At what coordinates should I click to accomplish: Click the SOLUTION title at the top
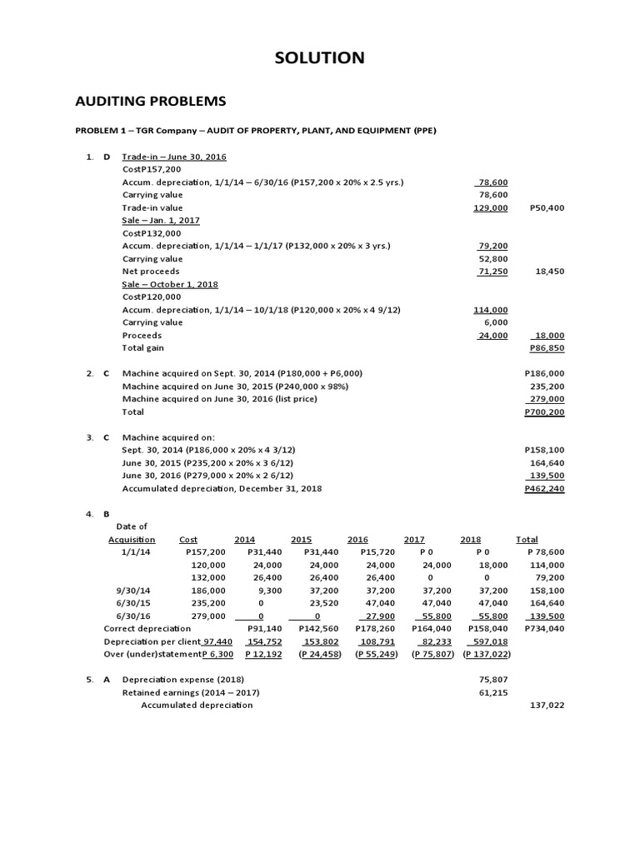click(x=320, y=57)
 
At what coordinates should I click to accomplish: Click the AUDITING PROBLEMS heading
click(x=151, y=101)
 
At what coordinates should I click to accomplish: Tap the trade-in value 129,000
click(x=491, y=207)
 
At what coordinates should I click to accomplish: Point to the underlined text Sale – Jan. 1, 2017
click(x=163, y=220)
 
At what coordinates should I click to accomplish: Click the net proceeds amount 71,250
click(x=492, y=272)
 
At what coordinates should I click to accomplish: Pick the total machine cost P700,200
click(x=544, y=412)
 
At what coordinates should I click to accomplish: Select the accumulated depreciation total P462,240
click(x=544, y=488)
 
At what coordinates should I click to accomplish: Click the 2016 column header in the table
click(x=357, y=539)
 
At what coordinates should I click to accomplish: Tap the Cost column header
click(x=188, y=539)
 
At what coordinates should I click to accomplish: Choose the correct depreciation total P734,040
click(x=544, y=628)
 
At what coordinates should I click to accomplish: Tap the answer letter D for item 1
click(x=107, y=157)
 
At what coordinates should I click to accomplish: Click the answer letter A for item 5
click(x=107, y=679)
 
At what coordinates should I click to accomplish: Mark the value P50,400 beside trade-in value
click(x=547, y=207)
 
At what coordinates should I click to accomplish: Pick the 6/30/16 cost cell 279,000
click(x=208, y=616)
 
